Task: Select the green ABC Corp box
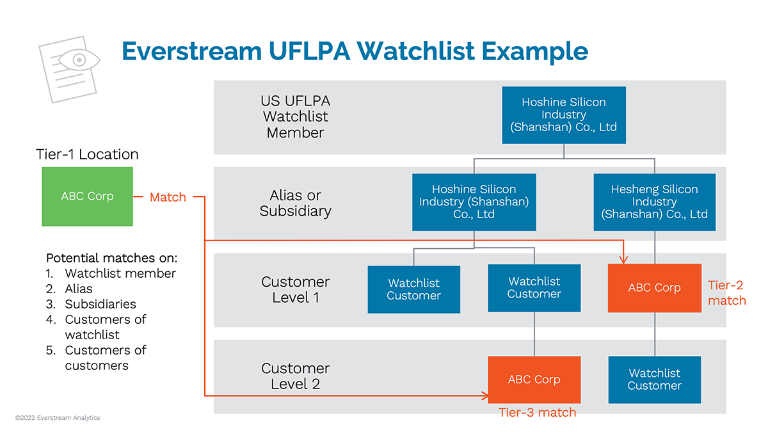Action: [87, 196]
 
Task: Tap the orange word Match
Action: [168, 197]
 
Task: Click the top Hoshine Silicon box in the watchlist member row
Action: [563, 115]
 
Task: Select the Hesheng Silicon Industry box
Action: [654, 202]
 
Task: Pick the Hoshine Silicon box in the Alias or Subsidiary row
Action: [474, 202]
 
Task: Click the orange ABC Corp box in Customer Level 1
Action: [654, 288]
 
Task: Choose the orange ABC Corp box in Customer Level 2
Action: [534, 380]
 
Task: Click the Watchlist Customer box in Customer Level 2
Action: [654, 380]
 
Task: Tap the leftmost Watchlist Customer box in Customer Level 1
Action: [413, 289]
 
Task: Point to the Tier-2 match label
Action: [726, 292]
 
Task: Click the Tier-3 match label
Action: [537, 413]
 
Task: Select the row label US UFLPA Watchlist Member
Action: [295, 117]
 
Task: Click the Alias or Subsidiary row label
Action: [295, 203]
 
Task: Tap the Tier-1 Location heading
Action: [87, 154]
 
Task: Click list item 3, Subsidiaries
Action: [100, 304]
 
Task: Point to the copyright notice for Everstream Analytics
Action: [58, 418]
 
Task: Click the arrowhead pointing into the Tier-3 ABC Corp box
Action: [484, 396]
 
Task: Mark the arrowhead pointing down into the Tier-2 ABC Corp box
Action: [624, 259]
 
